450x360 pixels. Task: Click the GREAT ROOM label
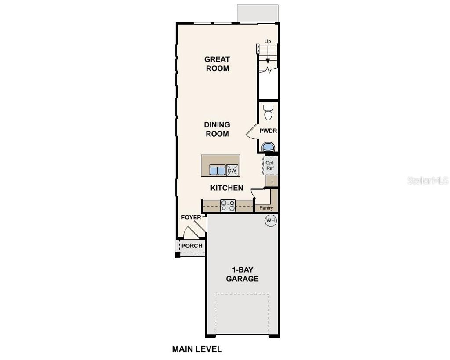217,64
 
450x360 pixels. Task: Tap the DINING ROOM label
217,129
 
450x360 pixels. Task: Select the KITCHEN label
227,188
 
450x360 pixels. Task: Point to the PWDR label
268,131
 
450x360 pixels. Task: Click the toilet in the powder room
268,112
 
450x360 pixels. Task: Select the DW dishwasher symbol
232,170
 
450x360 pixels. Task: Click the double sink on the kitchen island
217,170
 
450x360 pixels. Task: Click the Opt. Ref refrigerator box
270,166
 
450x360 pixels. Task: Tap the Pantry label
266,208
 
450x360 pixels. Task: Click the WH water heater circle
270,220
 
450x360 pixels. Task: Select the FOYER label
191,218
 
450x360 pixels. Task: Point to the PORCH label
192,246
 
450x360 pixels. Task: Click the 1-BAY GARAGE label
242,274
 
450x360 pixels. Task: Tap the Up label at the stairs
268,41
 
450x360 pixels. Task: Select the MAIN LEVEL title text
197,349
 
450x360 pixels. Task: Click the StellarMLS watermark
427,181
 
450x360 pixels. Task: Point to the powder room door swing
251,132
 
